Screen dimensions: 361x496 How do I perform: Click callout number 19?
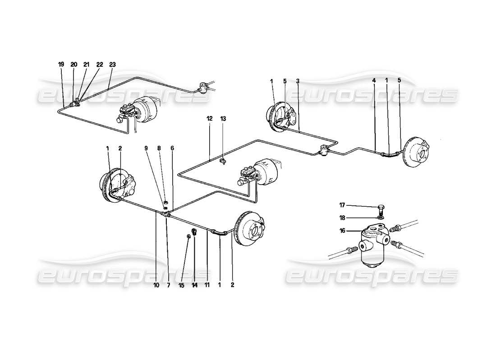pyautogui.click(x=61, y=65)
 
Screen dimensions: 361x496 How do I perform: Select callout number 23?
pyautogui.click(x=112, y=65)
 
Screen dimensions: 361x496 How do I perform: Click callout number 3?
pyautogui.click(x=298, y=81)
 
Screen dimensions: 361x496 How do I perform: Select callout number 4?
pyautogui.click(x=374, y=81)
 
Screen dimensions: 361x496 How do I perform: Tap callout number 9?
pyautogui.click(x=147, y=148)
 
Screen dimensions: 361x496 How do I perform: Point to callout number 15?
pyautogui.click(x=181, y=285)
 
